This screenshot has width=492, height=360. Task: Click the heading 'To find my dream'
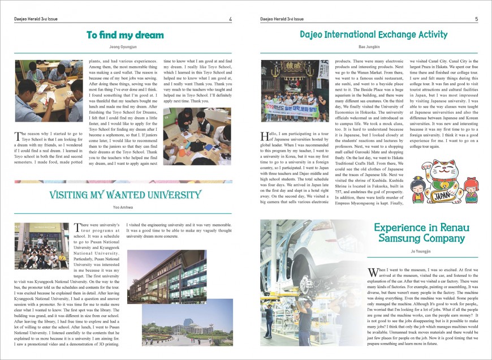pos(125,35)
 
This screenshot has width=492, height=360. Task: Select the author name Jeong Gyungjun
pos(125,47)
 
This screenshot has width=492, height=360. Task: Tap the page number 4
pos(230,19)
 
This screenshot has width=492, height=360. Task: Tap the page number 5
pos(476,19)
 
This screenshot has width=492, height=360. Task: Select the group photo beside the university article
pos(41,245)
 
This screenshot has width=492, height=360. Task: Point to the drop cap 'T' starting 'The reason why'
pos(17,136)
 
